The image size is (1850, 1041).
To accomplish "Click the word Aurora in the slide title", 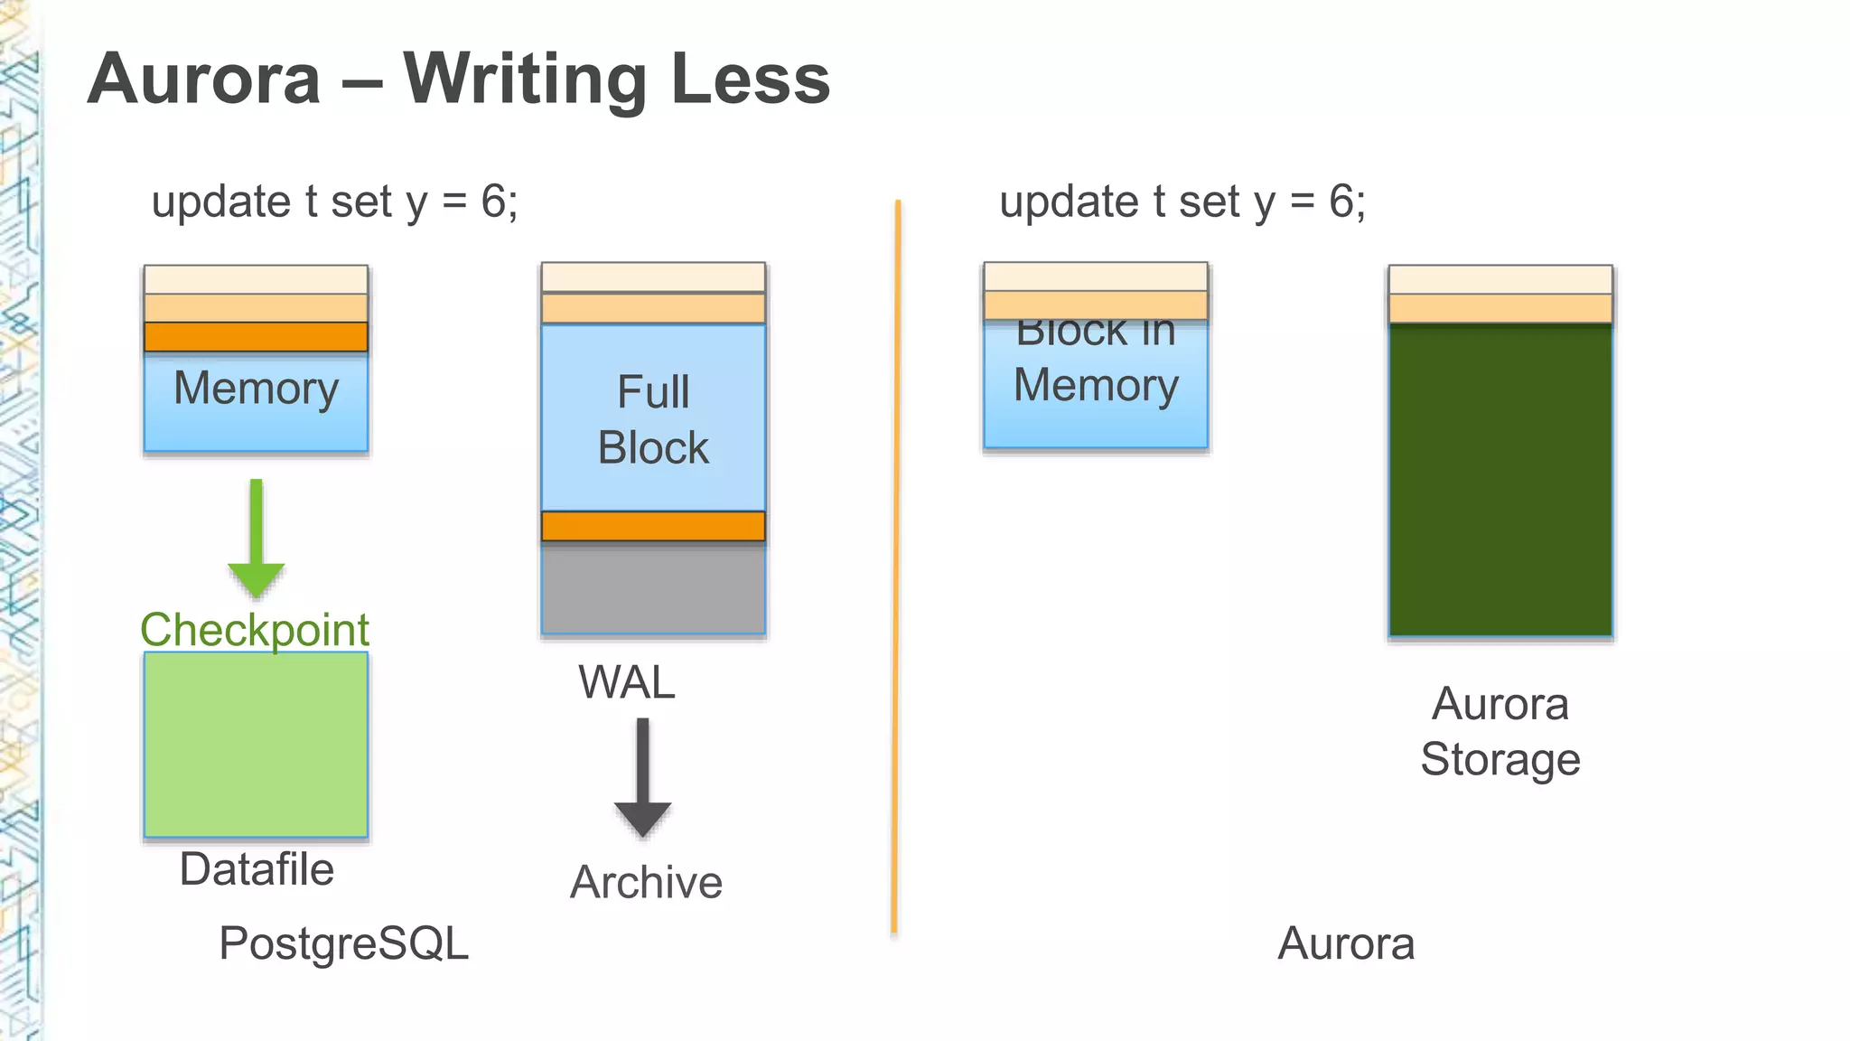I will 204,80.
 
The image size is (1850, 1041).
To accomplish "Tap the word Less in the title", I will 750,80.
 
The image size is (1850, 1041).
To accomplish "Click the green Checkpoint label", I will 255,629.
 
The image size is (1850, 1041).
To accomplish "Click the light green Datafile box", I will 257,745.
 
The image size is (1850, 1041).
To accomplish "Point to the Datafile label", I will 257,869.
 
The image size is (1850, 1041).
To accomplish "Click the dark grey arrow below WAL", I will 642,777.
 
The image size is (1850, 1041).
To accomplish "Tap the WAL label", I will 627,682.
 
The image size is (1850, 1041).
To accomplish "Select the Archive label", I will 646,882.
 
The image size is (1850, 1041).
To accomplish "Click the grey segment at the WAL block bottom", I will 653,587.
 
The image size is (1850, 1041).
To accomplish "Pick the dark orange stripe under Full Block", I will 653,526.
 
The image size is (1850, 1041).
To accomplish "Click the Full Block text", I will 653,420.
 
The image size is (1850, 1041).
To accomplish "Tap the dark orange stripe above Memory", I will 257,336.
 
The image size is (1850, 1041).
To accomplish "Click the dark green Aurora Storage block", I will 1500,479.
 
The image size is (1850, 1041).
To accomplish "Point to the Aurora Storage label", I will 1500,731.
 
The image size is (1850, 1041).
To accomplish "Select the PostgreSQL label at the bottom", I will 344,943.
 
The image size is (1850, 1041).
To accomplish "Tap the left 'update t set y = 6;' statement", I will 334,202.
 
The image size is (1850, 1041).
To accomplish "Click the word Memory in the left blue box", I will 257,389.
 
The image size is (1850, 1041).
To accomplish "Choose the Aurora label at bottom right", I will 1346,943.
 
